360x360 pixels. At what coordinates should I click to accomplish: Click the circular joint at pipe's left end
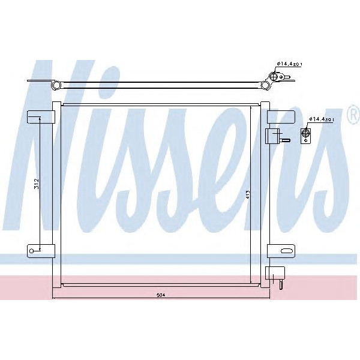click(56, 85)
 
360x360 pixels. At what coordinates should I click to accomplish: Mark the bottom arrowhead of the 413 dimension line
click(250, 281)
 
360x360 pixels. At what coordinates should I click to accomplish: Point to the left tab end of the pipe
click(33, 83)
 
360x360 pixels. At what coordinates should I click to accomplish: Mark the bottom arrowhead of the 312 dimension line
click(40, 247)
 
